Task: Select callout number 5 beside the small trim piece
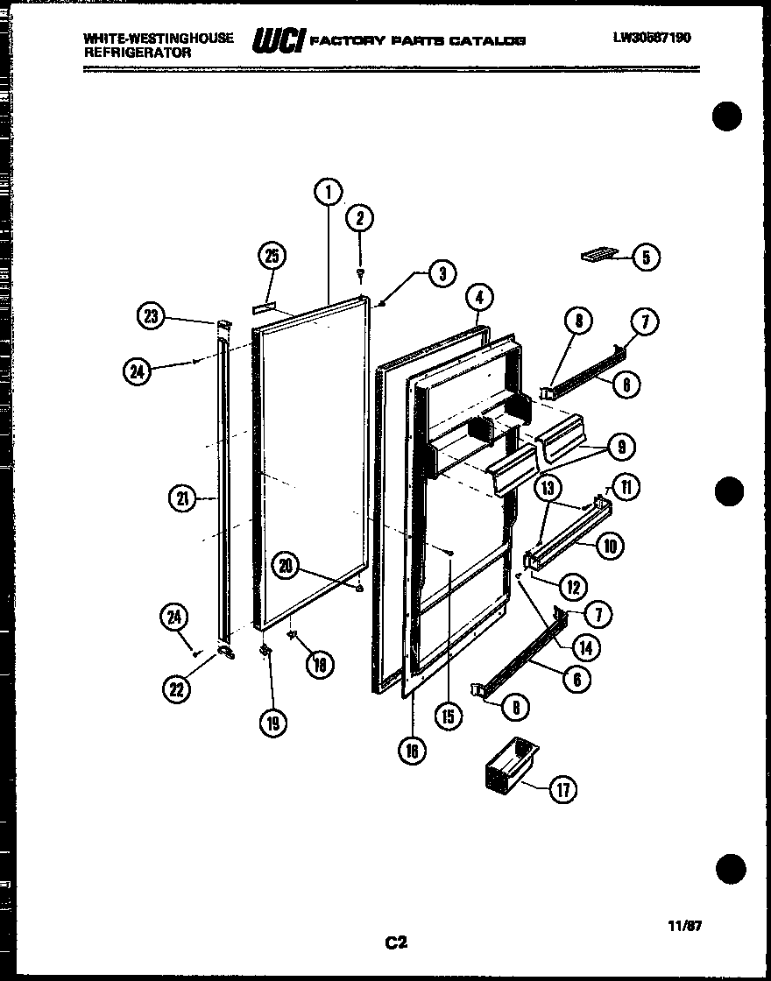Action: coord(646,257)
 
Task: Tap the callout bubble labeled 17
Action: coord(562,790)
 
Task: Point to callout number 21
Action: coord(181,499)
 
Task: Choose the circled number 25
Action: coord(272,256)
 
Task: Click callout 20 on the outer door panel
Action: coord(285,566)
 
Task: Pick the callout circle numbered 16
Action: coord(413,750)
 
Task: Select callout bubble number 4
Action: coord(477,298)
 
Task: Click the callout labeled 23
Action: coord(152,317)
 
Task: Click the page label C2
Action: coord(396,942)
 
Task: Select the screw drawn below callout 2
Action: coord(360,275)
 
